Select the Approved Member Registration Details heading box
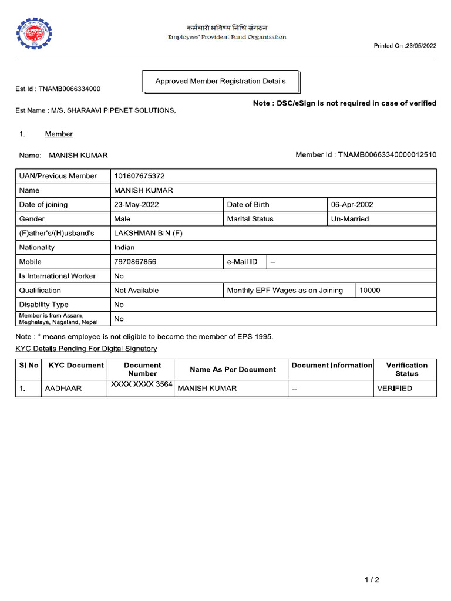tap(220, 82)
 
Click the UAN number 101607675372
tap(139, 176)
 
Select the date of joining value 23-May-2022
tap(136, 205)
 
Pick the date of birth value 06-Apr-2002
tap(352, 205)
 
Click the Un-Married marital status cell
tap(350, 219)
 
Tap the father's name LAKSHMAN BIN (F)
tap(148, 233)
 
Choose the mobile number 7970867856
tap(135, 262)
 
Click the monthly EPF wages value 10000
tap(370, 291)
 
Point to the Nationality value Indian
tap(124, 248)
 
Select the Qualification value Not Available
tap(136, 291)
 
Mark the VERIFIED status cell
tap(395, 389)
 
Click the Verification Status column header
tap(406, 369)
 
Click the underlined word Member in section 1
tap(59, 134)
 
